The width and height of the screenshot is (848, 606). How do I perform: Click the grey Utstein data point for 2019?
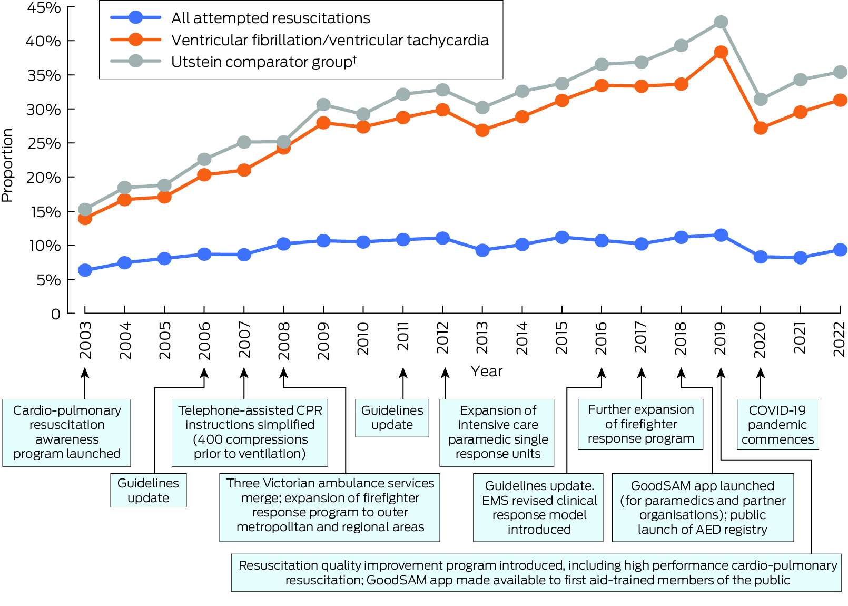pyautogui.click(x=721, y=22)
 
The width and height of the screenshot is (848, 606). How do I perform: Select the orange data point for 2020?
pyautogui.click(x=761, y=128)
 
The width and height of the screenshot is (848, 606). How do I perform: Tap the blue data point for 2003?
pyautogui.click(x=85, y=270)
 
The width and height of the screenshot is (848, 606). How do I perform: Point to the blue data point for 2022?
pyautogui.click(x=841, y=250)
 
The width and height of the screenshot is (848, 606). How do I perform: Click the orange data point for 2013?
pyautogui.click(x=482, y=130)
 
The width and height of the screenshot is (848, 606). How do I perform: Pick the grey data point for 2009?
pyautogui.click(x=323, y=104)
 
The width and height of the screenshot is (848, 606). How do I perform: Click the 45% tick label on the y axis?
pyautogui.click(x=44, y=8)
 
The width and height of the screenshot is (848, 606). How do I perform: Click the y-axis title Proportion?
pyautogui.click(x=7, y=165)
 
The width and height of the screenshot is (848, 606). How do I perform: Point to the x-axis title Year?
pyautogui.click(x=487, y=372)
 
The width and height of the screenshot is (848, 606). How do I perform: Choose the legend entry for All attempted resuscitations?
pyautogui.click(x=270, y=18)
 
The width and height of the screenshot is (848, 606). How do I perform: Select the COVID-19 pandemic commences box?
pyautogui.click(x=777, y=425)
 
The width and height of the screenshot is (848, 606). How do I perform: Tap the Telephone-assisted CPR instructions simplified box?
pyautogui.click(x=250, y=432)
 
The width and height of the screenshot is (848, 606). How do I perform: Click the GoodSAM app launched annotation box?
pyautogui.click(x=703, y=507)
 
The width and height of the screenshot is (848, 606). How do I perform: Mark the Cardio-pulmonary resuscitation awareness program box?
pyautogui.click(x=67, y=432)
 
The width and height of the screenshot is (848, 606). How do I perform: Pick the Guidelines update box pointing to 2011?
pyautogui.click(x=392, y=418)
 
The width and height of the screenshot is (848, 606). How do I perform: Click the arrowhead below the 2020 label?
pyautogui.click(x=761, y=373)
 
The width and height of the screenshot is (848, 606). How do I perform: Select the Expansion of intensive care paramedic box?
pyautogui.click(x=497, y=432)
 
